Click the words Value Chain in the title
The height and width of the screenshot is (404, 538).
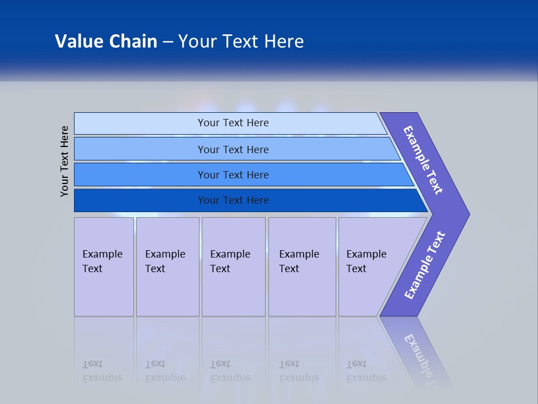click(x=106, y=42)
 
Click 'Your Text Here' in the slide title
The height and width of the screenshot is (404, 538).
click(x=241, y=42)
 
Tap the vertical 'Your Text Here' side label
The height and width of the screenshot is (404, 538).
click(x=64, y=161)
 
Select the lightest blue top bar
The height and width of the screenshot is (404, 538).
click(x=140, y=123)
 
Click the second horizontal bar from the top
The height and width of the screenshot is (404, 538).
click(x=140, y=149)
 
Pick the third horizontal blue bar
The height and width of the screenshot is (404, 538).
click(x=140, y=175)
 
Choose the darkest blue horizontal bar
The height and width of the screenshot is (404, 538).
click(x=140, y=200)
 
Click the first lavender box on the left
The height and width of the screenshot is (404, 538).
click(x=104, y=267)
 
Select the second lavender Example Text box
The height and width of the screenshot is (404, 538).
click(x=168, y=267)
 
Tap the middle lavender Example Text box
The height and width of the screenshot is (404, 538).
click(x=233, y=267)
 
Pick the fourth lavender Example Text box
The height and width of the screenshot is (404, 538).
click(x=302, y=267)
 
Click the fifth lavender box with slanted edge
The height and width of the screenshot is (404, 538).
click(x=370, y=267)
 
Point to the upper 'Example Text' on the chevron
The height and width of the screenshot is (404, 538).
click(x=423, y=160)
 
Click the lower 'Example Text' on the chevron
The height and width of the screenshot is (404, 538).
click(x=424, y=265)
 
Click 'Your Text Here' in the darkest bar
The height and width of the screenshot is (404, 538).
click(x=233, y=200)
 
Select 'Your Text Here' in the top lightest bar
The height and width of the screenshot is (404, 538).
click(x=233, y=123)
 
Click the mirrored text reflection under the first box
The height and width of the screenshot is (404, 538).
click(x=103, y=371)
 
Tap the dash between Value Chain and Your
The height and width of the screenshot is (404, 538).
click(x=168, y=42)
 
